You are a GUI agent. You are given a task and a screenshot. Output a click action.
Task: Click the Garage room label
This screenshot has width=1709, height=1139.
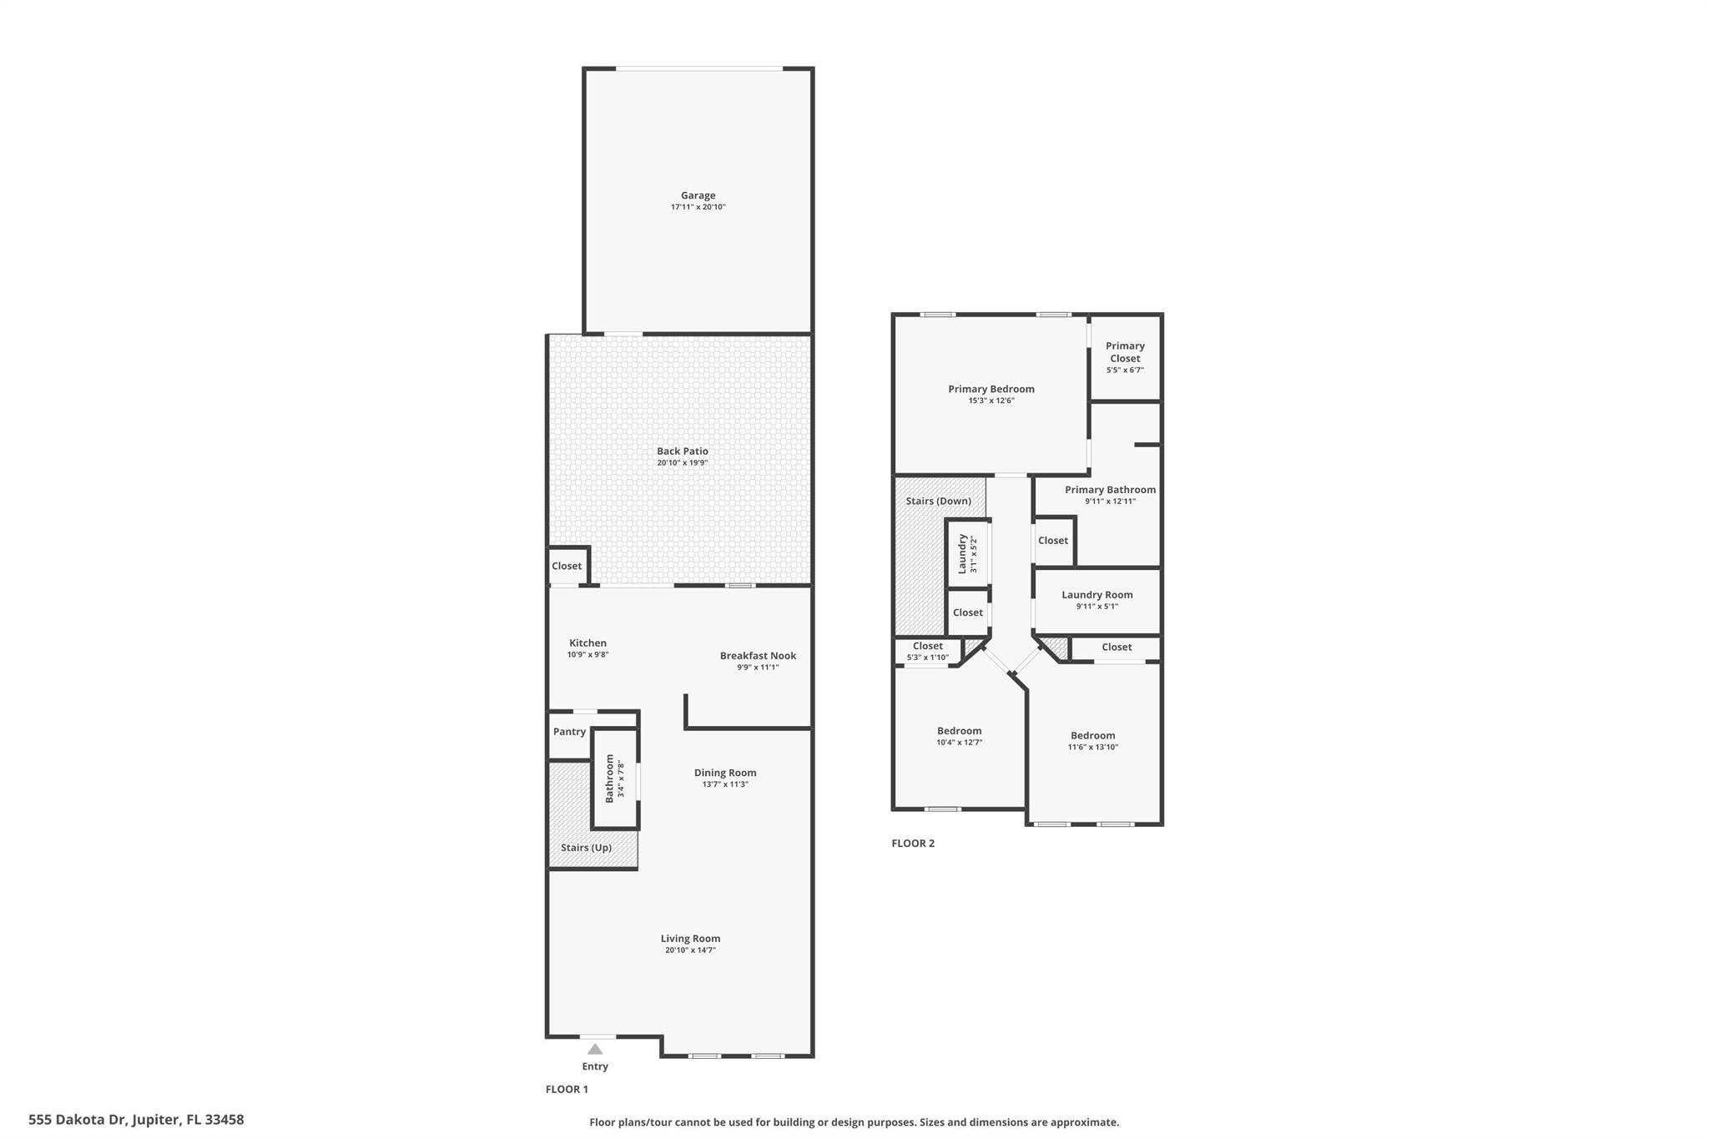point(698,195)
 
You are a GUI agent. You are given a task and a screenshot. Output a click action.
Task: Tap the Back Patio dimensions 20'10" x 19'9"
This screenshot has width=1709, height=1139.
point(682,463)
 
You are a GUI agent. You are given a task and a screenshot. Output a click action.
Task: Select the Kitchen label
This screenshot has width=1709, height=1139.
point(587,643)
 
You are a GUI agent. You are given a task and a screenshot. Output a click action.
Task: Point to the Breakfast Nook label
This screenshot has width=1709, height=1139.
point(758,656)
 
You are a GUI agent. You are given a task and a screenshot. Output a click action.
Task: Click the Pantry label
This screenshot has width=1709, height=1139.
point(569,732)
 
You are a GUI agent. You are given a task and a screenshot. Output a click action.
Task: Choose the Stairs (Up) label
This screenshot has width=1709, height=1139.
point(586,848)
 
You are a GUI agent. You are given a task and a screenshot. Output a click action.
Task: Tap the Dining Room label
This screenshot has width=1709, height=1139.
point(725,773)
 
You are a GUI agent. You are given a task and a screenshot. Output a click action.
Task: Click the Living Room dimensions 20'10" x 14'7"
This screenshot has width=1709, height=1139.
point(690,950)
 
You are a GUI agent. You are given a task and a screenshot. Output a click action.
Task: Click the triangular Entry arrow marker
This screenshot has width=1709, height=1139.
point(595,1049)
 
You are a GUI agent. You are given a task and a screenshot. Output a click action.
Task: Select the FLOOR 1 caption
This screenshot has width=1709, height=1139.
point(567,1089)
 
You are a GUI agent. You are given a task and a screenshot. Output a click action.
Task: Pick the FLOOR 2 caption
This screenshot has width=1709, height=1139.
point(913,843)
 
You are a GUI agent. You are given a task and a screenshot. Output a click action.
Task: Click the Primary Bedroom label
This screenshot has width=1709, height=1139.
point(991,389)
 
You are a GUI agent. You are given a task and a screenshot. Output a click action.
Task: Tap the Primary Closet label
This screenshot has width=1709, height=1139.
point(1125,352)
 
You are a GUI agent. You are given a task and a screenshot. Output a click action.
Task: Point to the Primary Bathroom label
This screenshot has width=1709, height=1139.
point(1110,490)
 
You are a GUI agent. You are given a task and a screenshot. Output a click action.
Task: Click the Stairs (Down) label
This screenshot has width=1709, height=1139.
point(939,501)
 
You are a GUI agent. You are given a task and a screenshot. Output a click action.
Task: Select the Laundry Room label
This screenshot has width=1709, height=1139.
point(1097,595)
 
